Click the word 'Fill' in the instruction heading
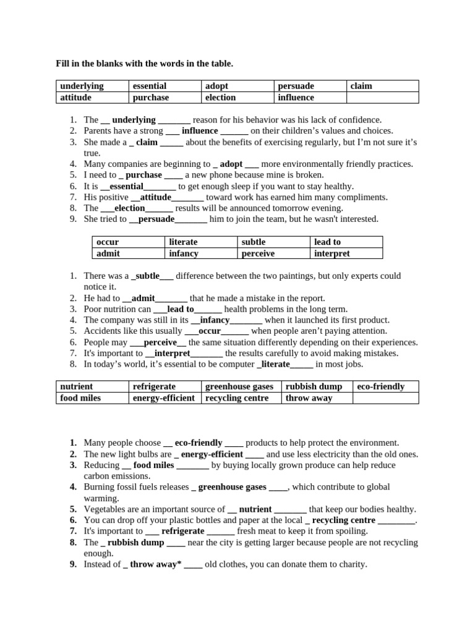62,64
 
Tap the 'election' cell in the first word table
238,98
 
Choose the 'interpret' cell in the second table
346,253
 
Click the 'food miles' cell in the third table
92,398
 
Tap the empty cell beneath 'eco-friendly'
385,398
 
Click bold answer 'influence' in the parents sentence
200,131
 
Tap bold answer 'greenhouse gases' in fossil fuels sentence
232,487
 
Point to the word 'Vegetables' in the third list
104,509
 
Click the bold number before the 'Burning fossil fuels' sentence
73,487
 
